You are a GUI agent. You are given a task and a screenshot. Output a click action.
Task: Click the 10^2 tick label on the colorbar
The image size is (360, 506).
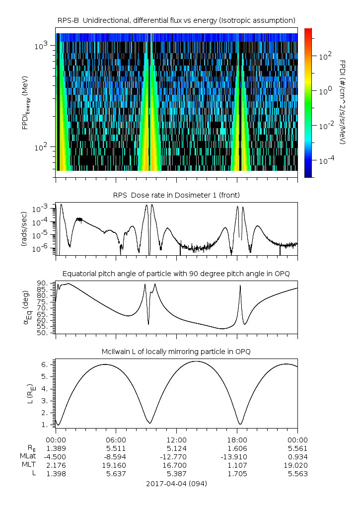click(x=325, y=57)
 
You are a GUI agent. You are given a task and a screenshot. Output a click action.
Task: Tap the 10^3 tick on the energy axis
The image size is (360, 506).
click(x=41, y=46)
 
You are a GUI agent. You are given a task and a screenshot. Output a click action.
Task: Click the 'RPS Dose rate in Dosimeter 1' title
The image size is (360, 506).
click(x=176, y=195)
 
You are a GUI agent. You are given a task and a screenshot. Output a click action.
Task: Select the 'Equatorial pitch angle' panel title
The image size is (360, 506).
click(x=176, y=274)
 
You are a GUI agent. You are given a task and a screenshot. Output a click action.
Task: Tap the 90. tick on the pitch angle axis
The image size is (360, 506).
click(x=43, y=283)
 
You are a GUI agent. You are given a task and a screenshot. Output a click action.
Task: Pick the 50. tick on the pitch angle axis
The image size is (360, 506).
click(x=43, y=333)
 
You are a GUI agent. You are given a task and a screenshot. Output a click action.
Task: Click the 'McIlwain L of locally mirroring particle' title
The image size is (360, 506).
click(x=176, y=352)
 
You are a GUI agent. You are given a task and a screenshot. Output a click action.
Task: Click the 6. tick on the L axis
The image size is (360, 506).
click(x=46, y=364)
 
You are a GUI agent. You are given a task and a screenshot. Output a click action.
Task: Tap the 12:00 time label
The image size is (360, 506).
click(x=176, y=440)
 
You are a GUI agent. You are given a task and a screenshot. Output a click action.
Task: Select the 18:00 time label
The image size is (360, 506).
click(x=237, y=440)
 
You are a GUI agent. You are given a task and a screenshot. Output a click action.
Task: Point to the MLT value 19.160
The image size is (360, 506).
click(x=116, y=465)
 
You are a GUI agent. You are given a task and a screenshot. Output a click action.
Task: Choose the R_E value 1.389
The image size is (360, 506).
click(x=56, y=448)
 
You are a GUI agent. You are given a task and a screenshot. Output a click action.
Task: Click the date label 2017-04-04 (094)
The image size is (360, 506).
click(x=176, y=484)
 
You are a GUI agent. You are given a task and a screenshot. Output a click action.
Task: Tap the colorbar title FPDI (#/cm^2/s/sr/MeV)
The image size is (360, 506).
click(x=343, y=102)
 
